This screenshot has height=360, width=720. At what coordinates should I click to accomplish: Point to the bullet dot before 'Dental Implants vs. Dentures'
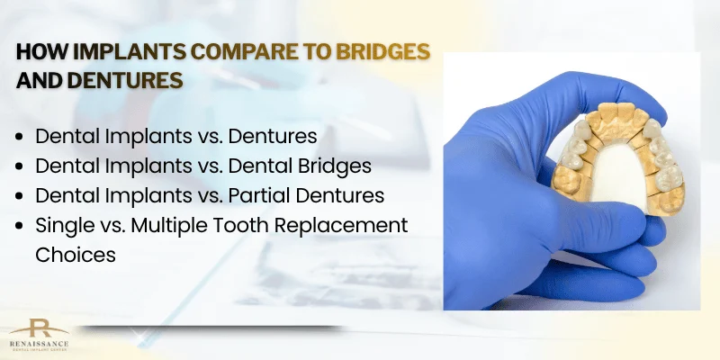22,138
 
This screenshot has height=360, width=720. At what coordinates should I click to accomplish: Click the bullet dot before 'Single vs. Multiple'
22,225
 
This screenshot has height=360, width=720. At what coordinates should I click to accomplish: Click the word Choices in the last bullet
76,254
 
